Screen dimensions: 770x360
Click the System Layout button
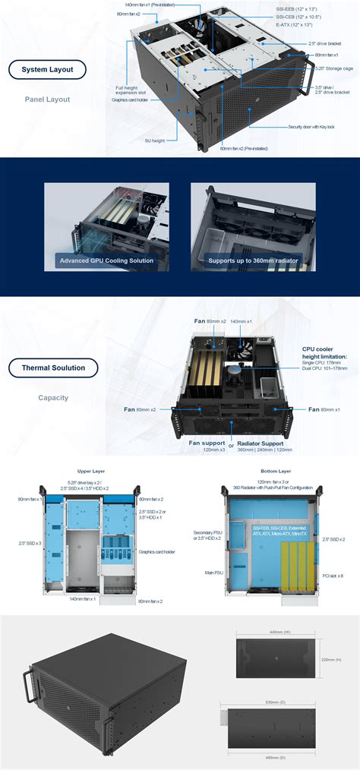(47, 70)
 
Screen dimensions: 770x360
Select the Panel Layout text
(47, 99)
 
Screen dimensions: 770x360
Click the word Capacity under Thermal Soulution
(53, 397)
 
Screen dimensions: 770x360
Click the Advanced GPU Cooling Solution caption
(106, 260)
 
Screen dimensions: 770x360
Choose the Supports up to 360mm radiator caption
(253, 260)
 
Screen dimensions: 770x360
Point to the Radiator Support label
(260, 442)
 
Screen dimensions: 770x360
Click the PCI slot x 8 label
(332, 576)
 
